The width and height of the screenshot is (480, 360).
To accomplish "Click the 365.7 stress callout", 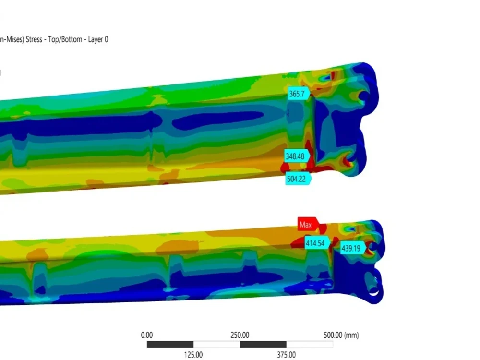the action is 299,94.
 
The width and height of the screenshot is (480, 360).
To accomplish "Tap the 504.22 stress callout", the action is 298,179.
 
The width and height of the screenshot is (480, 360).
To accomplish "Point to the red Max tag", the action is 308,224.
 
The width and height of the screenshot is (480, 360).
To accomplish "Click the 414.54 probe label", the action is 317,243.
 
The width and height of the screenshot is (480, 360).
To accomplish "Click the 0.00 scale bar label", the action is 146,335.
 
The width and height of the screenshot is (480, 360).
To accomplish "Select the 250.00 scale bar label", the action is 240,335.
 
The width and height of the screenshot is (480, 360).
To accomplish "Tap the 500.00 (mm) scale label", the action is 341,335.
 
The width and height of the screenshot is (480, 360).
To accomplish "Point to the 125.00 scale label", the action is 193,355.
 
